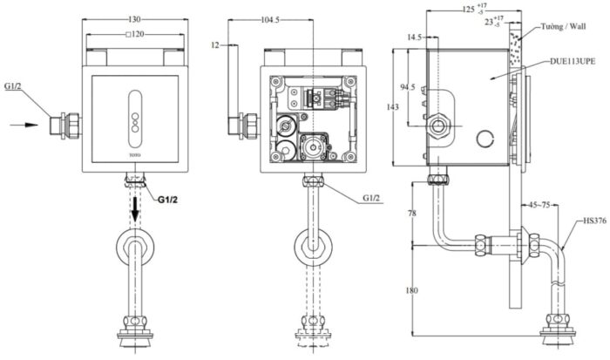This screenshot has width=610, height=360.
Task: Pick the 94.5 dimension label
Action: click(406, 87)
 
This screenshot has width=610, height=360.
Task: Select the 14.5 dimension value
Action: click(414, 37)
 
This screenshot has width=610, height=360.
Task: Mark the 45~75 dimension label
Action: click(539, 207)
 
